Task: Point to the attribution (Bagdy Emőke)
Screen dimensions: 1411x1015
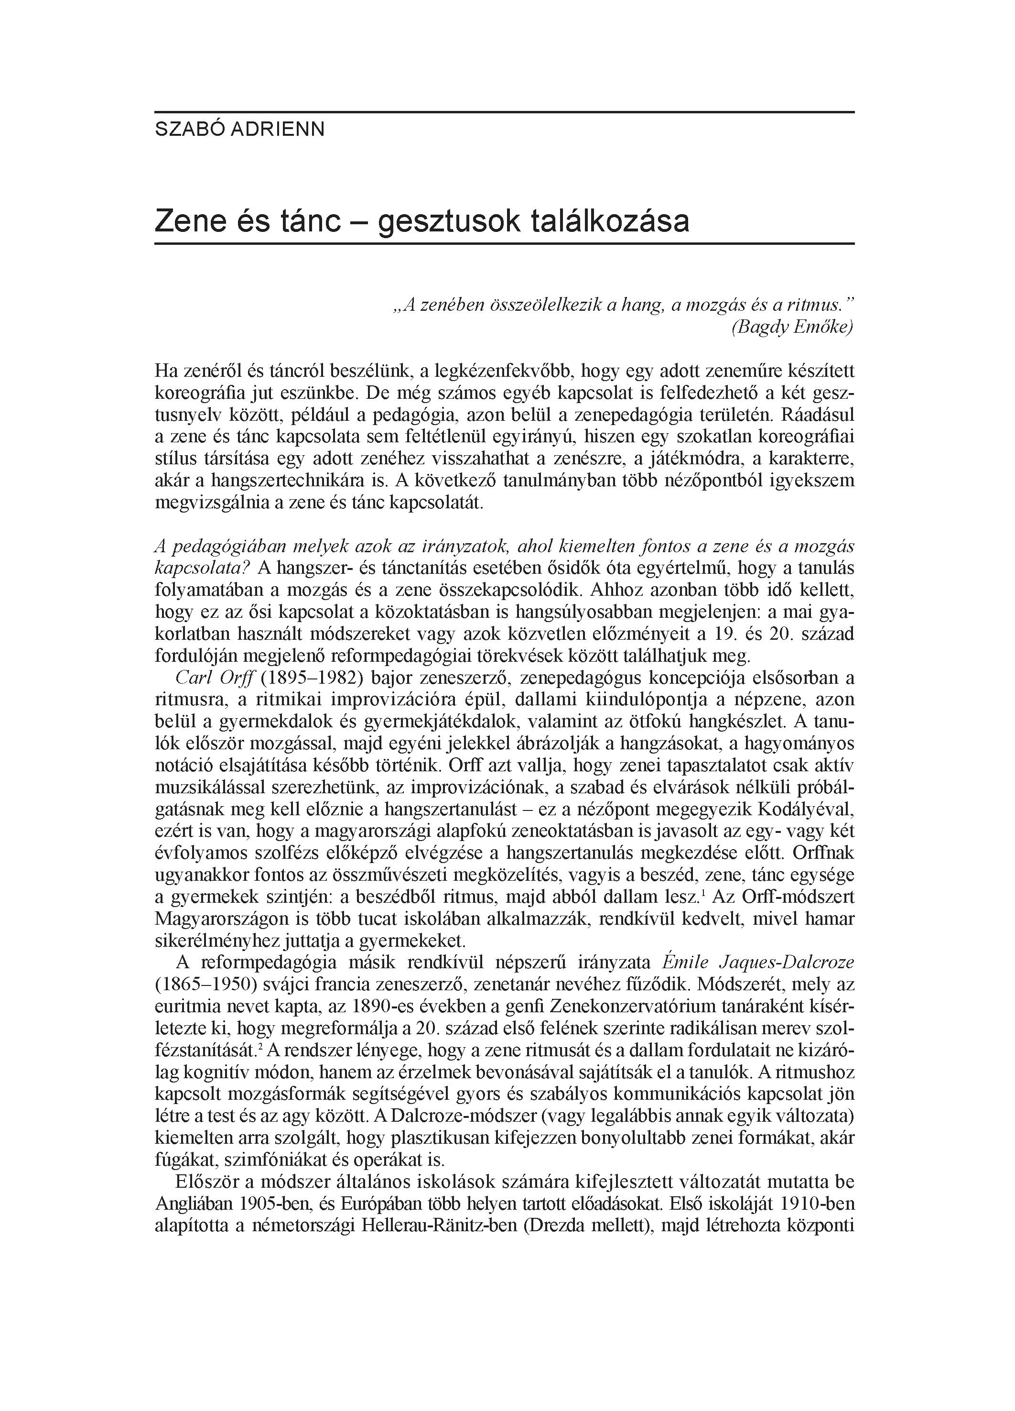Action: click(792, 327)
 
